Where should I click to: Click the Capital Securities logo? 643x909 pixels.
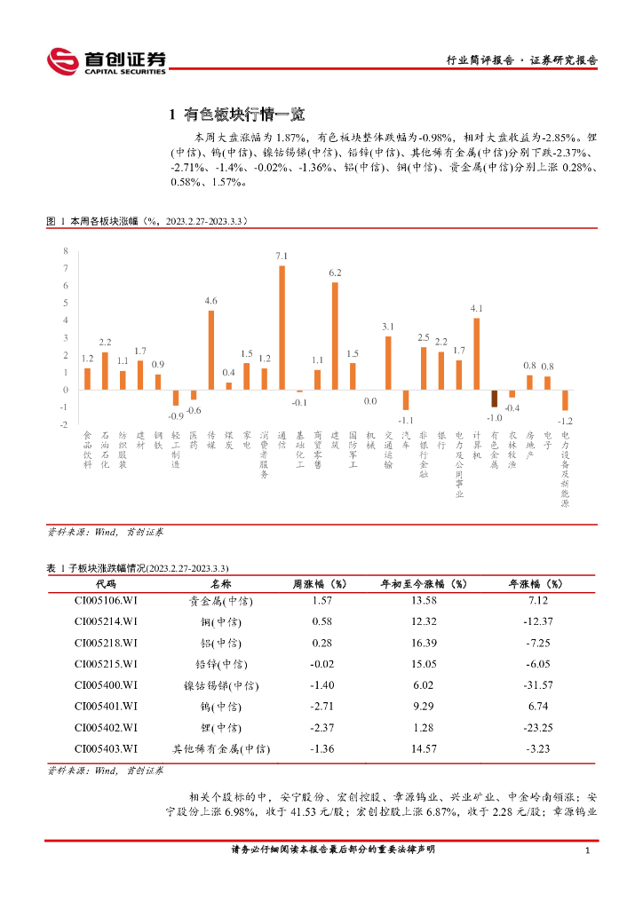106,61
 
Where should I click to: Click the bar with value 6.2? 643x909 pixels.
335,336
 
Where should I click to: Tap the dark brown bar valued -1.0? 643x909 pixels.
495,399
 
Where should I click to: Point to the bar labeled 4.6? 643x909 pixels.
211,350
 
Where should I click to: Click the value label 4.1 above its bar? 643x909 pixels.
476,308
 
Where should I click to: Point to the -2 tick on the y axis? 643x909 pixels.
63,424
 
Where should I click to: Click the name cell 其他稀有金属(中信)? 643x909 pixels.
221,749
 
